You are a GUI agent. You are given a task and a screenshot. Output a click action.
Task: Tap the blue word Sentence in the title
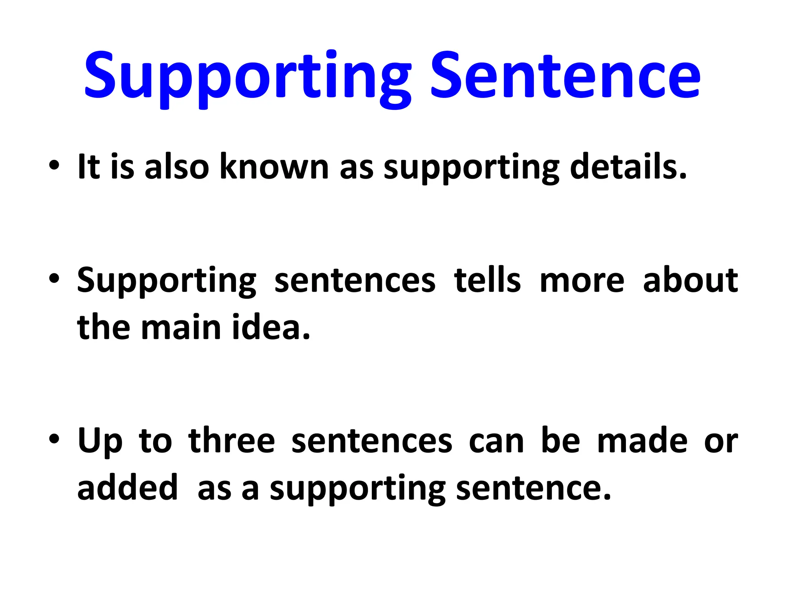565,75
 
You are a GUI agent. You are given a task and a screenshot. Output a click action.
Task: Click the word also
177,167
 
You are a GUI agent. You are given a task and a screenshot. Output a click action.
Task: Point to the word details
628,167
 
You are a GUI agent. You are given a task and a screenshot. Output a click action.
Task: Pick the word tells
487,280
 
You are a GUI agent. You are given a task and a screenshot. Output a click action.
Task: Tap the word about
690,280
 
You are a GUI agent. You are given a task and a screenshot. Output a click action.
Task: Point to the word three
232,441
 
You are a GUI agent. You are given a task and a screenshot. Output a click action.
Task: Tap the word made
642,441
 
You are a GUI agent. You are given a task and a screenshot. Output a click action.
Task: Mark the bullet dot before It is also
54,166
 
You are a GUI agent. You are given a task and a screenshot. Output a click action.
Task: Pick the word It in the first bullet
89,167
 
